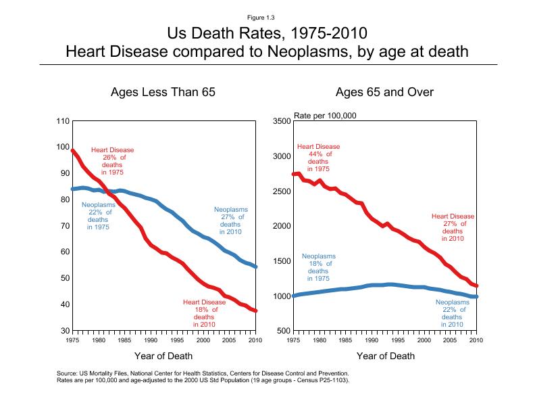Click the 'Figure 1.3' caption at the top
coord(267,17)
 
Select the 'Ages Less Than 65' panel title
coord(163,92)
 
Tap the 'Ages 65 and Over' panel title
coord(384,92)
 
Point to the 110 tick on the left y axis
coord(62,121)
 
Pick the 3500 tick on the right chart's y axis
coord(281,121)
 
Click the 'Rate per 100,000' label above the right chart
coord(324,115)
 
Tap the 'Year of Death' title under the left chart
coord(163,356)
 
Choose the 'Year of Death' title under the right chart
coord(385,356)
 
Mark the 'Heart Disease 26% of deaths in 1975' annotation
coord(113,161)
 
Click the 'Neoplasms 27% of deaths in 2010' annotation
coord(230,221)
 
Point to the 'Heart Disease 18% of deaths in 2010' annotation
coord(204,313)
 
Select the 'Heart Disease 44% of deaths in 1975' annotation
coord(318,158)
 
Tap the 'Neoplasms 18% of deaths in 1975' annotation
coord(318,267)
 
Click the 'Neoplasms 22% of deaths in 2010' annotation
coord(452,313)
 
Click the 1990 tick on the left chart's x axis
coord(151,340)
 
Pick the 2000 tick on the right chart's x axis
coord(423,340)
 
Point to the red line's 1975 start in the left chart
coord(73,151)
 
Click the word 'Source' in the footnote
coord(70,373)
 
